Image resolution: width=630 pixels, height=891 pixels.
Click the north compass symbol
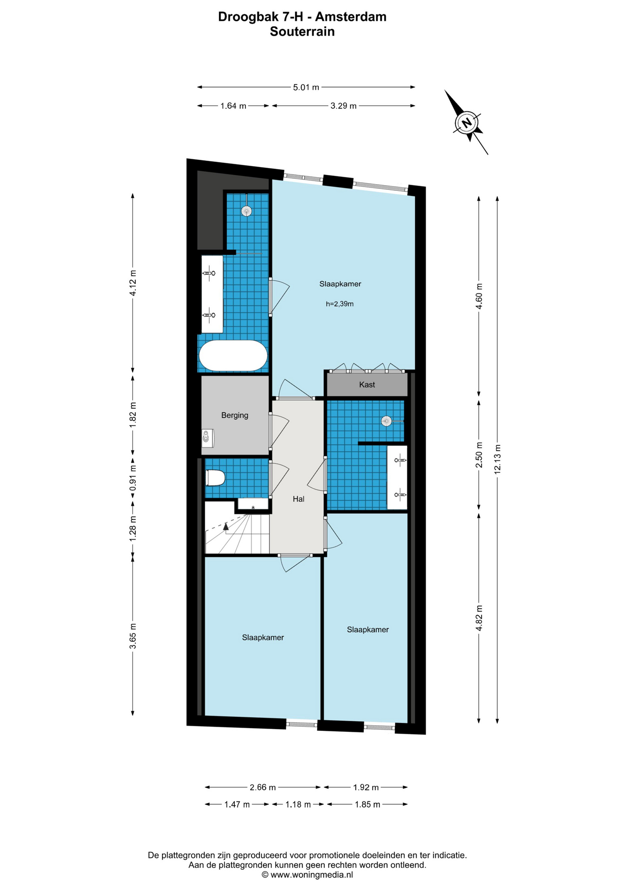(x=467, y=123)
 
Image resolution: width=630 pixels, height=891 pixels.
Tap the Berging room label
(x=235, y=415)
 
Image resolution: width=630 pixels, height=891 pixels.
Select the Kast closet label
(x=367, y=385)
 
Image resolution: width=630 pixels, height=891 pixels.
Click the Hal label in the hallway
(x=298, y=499)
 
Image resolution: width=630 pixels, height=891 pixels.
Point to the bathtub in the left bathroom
(x=233, y=355)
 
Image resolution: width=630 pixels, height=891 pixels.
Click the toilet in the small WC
(x=215, y=478)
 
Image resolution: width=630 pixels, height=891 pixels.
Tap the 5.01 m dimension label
(x=306, y=87)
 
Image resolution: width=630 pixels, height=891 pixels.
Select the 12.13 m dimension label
(x=497, y=459)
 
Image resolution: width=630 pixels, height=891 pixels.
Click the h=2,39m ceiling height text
(x=340, y=304)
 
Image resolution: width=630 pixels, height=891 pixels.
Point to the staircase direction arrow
(x=226, y=526)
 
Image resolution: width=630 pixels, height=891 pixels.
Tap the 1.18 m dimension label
(x=298, y=804)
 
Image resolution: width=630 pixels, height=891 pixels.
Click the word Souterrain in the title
(x=302, y=32)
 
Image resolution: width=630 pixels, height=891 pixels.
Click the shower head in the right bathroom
(x=386, y=421)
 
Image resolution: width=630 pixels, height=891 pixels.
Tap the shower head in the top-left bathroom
(x=246, y=211)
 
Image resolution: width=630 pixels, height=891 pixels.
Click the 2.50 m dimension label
(x=479, y=455)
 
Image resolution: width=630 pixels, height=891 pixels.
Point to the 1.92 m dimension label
(x=366, y=787)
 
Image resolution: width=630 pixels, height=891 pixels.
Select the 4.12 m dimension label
(x=133, y=283)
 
